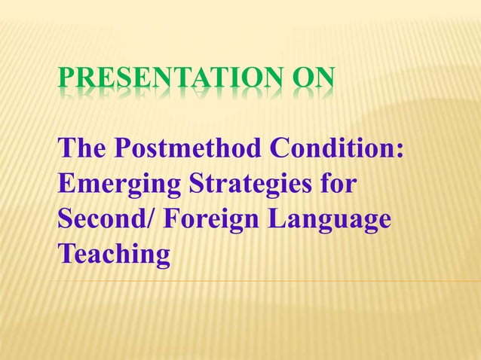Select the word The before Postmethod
(x=82, y=150)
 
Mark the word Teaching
(x=114, y=255)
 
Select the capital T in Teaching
(x=66, y=254)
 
